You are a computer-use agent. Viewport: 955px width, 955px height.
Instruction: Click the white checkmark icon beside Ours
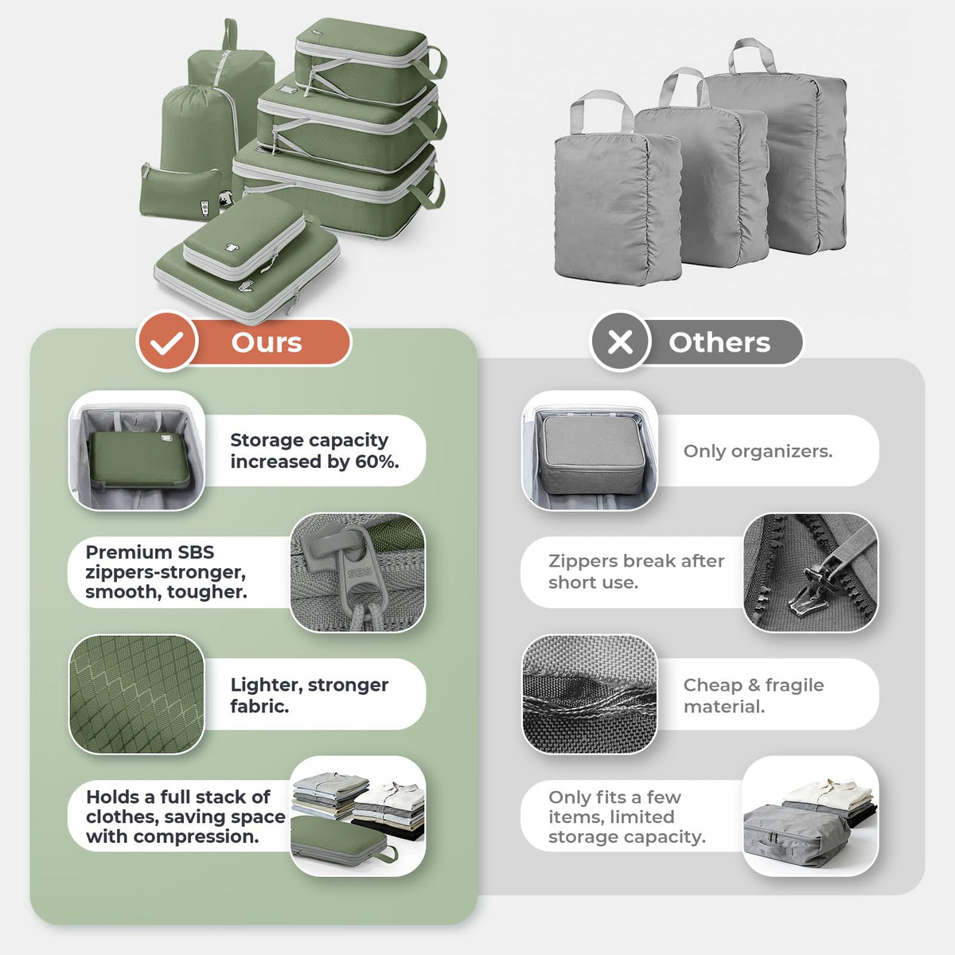167,342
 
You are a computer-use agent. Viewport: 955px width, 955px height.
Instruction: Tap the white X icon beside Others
620,342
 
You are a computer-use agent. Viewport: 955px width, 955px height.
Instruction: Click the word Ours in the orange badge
267,342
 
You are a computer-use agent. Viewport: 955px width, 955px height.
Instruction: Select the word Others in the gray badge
719,342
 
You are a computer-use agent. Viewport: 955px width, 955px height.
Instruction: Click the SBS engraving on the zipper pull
360,573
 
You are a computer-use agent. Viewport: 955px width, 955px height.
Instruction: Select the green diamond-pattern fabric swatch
137,694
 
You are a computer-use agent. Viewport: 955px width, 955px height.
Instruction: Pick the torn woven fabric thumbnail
590,694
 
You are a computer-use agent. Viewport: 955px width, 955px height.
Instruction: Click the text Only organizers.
758,451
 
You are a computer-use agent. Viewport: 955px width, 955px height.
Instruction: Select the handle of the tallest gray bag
752,55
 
